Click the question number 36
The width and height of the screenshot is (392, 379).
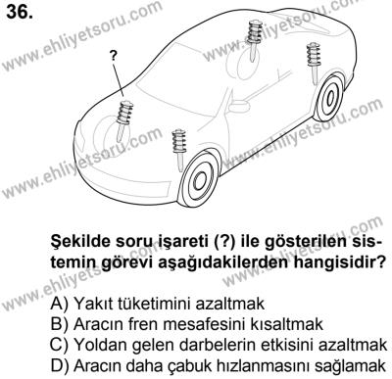22,15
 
